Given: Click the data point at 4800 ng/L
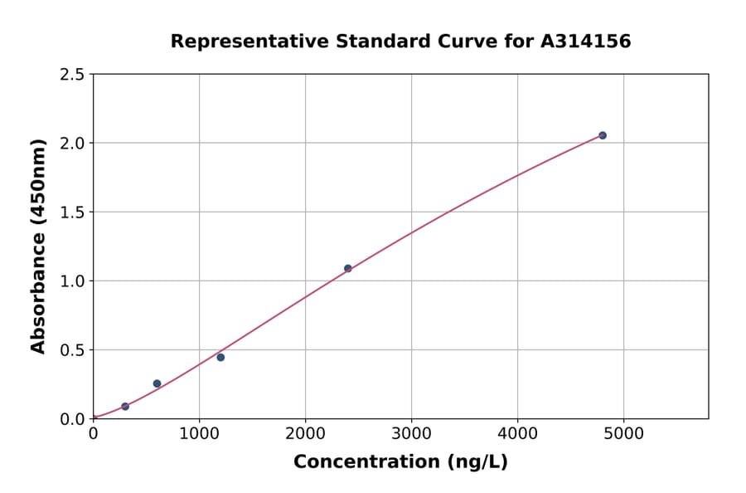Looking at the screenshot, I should pyautogui.click(x=603, y=135).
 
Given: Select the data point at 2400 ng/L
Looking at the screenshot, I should pyautogui.click(x=348, y=268).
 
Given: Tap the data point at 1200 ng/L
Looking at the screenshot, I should pyautogui.click(x=220, y=357).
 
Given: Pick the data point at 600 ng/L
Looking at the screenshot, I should pyautogui.click(x=157, y=383).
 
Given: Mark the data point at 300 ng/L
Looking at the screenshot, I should pyautogui.click(x=125, y=407).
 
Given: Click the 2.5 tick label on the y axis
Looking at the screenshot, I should pyautogui.click(x=72, y=75).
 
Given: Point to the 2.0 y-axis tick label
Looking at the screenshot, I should pyautogui.click(x=72, y=144).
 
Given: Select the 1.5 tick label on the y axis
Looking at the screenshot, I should pyautogui.click(x=72, y=212).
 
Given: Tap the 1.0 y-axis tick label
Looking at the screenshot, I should pyautogui.click(x=72, y=281).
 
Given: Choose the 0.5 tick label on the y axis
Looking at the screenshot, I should pyautogui.click(x=72, y=350).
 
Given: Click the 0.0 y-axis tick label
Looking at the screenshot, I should pyautogui.click(x=72, y=419).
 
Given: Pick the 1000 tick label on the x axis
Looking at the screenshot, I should pyautogui.click(x=199, y=434).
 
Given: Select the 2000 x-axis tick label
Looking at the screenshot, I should pyautogui.click(x=305, y=434).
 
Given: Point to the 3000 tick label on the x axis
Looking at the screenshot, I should pyautogui.click(x=412, y=434).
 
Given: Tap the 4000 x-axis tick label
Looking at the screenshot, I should pyautogui.click(x=518, y=434).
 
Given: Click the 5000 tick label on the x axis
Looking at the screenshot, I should pyautogui.click(x=624, y=434).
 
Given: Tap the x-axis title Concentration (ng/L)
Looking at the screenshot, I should pyautogui.click(x=400, y=462).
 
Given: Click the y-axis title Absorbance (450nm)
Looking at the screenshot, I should pyautogui.click(x=38, y=246).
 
